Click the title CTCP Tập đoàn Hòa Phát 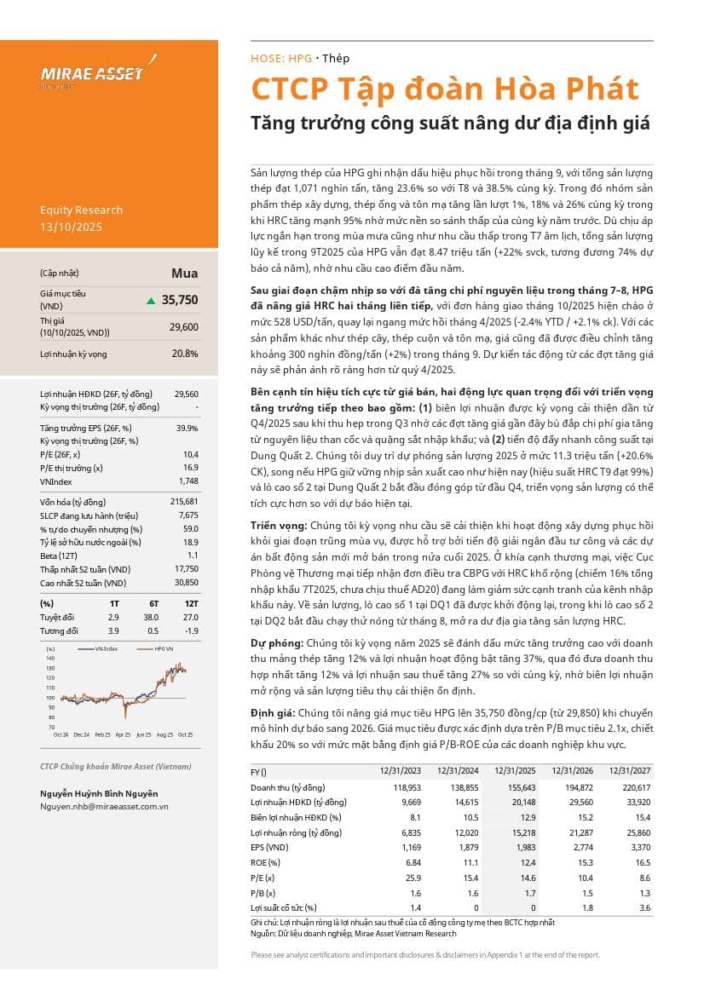[444, 89]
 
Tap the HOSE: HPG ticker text [281, 59]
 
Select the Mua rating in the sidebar [185, 273]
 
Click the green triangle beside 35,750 [151, 300]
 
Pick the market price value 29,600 [183, 326]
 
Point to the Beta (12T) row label [59, 555]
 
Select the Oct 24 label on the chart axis [61, 734]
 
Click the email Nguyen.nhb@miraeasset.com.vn [104, 806]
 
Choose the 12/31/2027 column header [628, 771]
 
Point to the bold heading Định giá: [272, 711]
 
